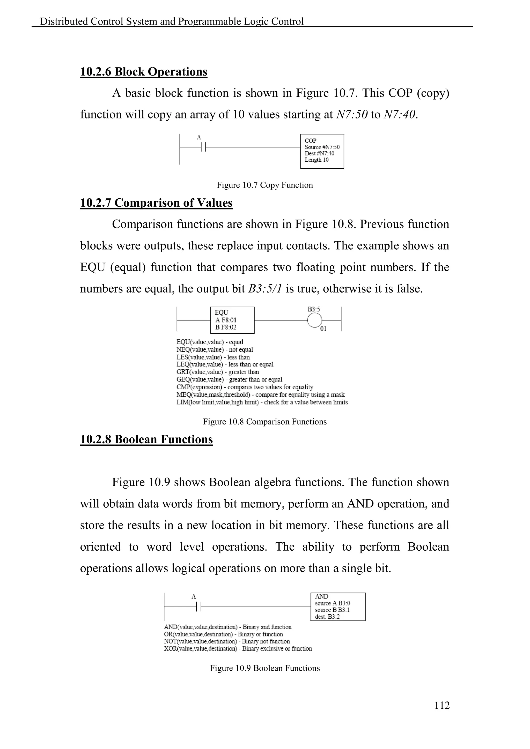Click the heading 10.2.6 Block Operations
(144, 72)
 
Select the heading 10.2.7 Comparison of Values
(156, 203)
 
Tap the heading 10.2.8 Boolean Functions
(146, 439)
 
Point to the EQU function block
(232, 320)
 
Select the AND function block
(337, 606)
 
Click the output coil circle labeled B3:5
(315, 320)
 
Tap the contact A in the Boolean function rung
(199, 606)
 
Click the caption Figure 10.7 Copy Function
(265, 185)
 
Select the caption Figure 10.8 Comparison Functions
(265, 422)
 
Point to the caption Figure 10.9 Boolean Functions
(265, 668)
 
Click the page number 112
(442, 705)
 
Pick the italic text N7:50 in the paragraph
(351, 115)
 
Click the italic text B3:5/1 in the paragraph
(265, 289)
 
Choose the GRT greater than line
(218, 372)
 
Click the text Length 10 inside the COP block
(316, 160)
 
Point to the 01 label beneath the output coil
(323, 329)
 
